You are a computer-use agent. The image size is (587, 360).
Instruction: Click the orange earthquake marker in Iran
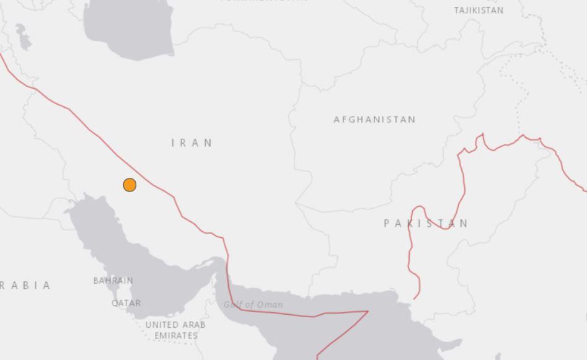tap(130, 185)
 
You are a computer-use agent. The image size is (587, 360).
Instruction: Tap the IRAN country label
tap(192, 143)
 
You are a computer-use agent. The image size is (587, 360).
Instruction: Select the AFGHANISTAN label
tap(374, 120)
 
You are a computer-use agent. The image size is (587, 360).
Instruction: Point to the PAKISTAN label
tap(426, 223)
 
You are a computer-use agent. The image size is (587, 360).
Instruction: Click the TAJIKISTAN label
tap(479, 11)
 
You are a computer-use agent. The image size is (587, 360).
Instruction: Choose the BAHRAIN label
tap(113, 281)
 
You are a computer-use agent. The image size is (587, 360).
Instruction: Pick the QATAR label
tap(126, 303)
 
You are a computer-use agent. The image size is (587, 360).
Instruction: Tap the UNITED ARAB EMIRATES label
tap(175, 330)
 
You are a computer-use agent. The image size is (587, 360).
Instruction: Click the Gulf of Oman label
tap(253, 304)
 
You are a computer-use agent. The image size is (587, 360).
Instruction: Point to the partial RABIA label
tap(25, 286)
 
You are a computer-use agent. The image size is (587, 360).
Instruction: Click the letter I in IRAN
tap(174, 143)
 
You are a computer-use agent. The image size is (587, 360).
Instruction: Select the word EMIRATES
tap(176, 335)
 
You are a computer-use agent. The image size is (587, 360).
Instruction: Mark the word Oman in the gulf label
tap(271, 304)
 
